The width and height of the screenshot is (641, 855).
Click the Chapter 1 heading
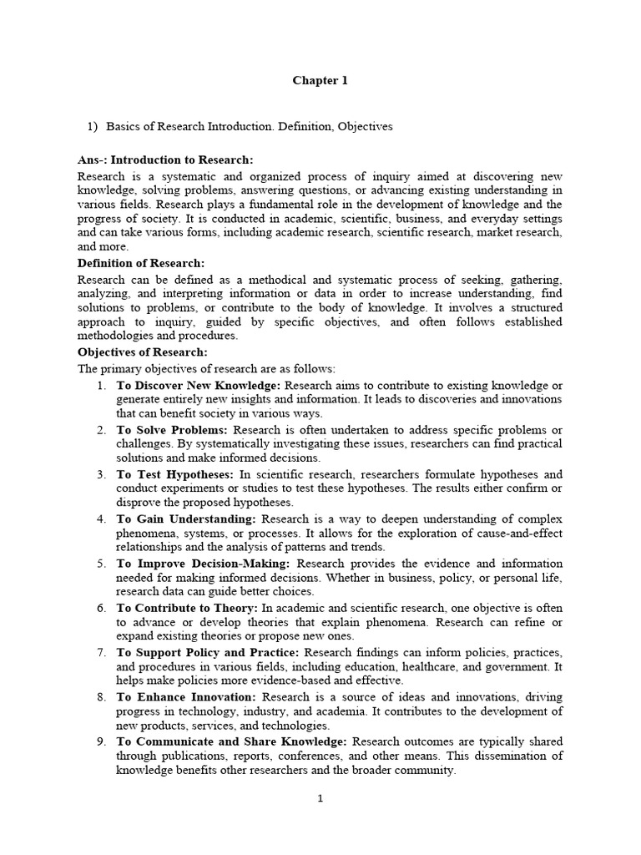[320, 81]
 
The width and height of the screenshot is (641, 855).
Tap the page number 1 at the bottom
[320, 798]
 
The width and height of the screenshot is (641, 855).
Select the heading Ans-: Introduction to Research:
[165, 159]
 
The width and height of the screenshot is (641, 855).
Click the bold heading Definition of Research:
[141, 263]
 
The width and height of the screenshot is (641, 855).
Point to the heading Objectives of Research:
[142, 352]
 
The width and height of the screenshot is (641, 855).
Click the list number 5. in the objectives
[100, 564]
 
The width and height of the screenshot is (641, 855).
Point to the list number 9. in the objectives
[100, 741]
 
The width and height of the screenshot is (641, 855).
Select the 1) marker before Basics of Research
[93, 126]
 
